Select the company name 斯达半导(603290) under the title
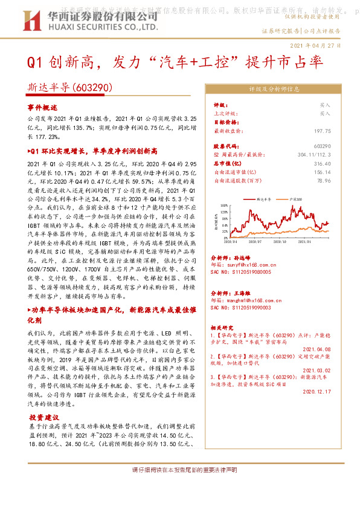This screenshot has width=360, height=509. [x=71, y=87]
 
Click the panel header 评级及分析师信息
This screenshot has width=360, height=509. [x=274, y=89]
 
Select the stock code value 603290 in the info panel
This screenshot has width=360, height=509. [x=322, y=146]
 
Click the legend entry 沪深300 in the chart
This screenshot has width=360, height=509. [x=295, y=198]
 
